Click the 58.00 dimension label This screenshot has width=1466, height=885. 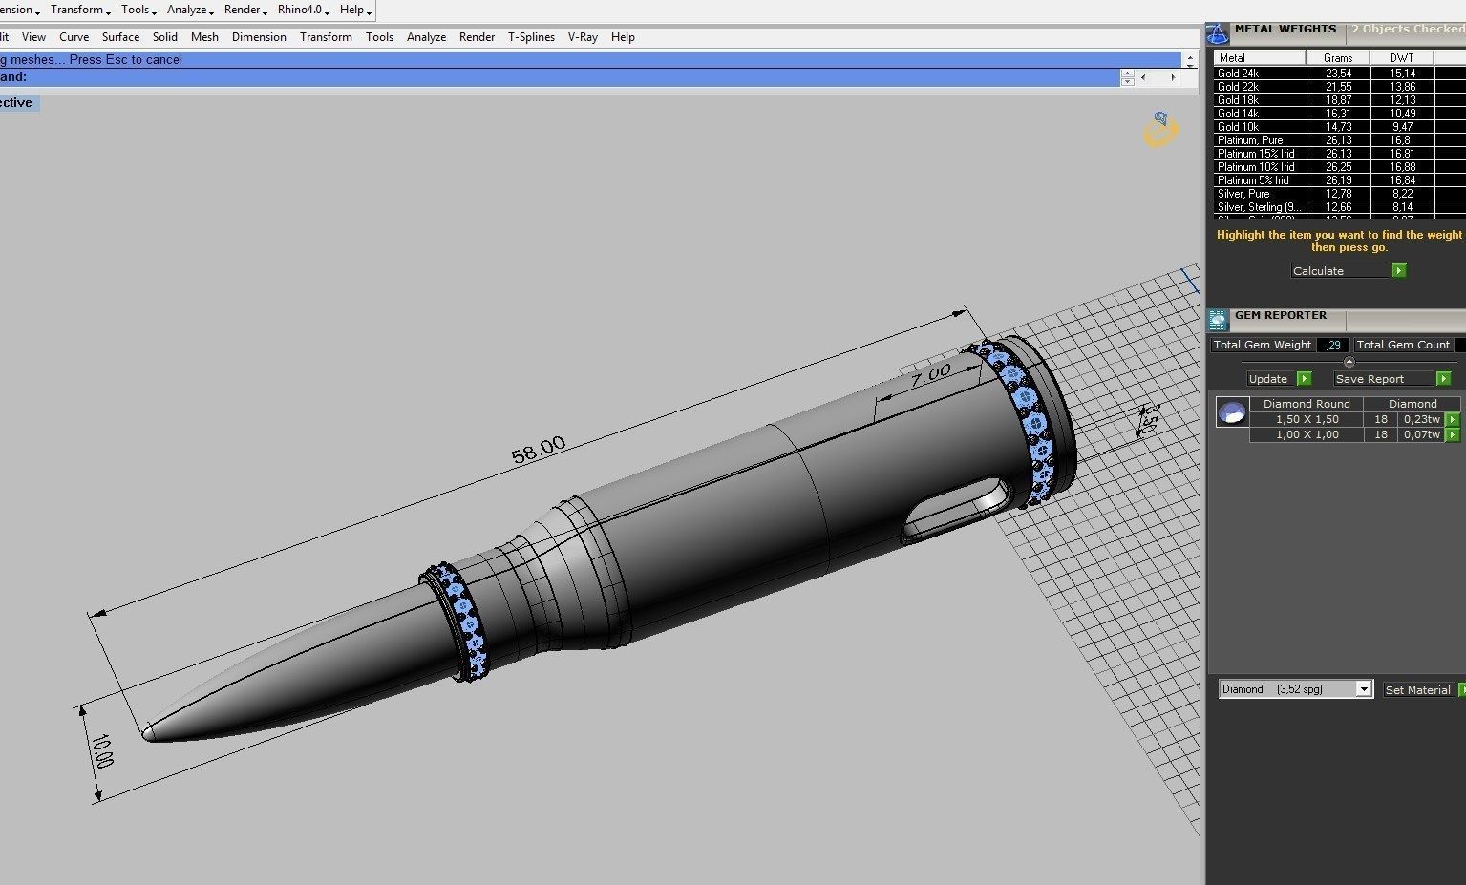(539, 449)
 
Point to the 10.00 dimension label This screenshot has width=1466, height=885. (101, 751)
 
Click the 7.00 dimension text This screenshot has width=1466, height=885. (929, 374)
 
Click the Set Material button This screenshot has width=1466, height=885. (1418, 689)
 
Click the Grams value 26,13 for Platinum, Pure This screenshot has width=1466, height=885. (1338, 140)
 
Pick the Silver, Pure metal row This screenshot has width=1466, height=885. (1243, 194)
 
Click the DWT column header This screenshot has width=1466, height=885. (1402, 58)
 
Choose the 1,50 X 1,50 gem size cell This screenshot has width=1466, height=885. (1307, 419)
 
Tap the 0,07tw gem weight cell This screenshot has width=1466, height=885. (1421, 434)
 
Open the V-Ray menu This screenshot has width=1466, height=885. (583, 37)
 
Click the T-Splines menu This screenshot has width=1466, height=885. (531, 37)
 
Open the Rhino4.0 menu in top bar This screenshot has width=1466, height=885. (303, 10)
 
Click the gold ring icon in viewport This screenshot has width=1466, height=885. (1160, 130)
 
